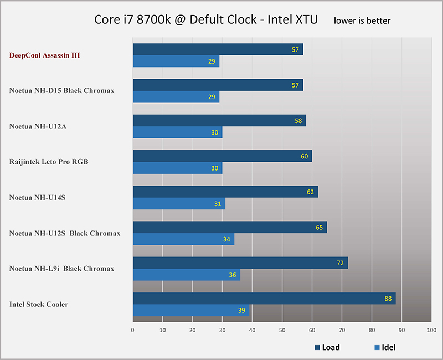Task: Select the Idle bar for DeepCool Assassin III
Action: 176,61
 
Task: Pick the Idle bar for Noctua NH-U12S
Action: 183,239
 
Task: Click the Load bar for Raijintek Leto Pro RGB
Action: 222,156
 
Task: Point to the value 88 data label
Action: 388,299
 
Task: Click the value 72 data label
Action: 341,263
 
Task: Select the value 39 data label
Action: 241,311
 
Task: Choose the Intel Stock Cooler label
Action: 39,304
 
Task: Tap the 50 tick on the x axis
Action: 282,330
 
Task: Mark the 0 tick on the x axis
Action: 133,330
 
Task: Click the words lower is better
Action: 362,21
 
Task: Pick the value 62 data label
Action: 311,192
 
